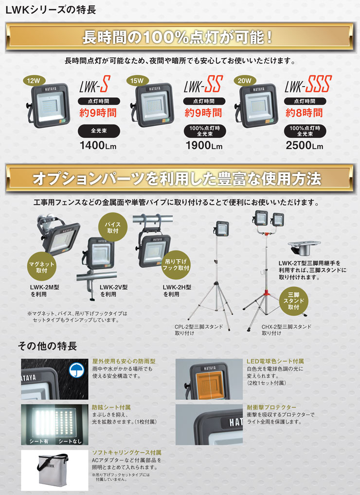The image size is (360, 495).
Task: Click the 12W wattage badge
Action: click(34, 80)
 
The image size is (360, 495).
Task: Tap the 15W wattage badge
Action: click(137, 80)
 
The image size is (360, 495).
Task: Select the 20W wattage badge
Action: click(244, 80)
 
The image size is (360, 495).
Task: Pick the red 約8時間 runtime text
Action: click(305, 113)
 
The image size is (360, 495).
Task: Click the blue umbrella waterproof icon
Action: click(75, 369)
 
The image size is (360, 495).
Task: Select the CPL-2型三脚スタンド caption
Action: click(198, 327)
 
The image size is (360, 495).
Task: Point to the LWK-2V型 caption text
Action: click(114, 287)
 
